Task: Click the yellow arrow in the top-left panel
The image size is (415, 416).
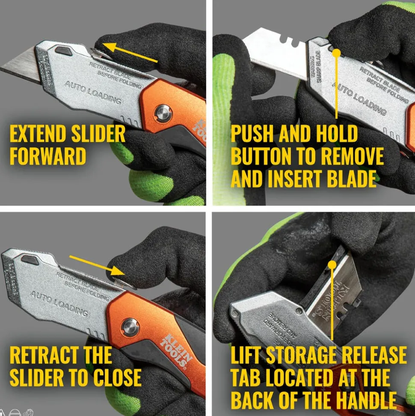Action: [132, 52]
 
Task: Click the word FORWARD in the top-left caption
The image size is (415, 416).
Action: [47, 156]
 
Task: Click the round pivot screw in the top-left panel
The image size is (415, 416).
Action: [163, 113]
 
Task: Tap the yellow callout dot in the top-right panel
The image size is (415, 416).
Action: [337, 53]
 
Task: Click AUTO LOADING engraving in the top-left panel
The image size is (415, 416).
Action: [92, 93]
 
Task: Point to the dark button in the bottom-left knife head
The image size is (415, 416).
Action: [30, 260]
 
